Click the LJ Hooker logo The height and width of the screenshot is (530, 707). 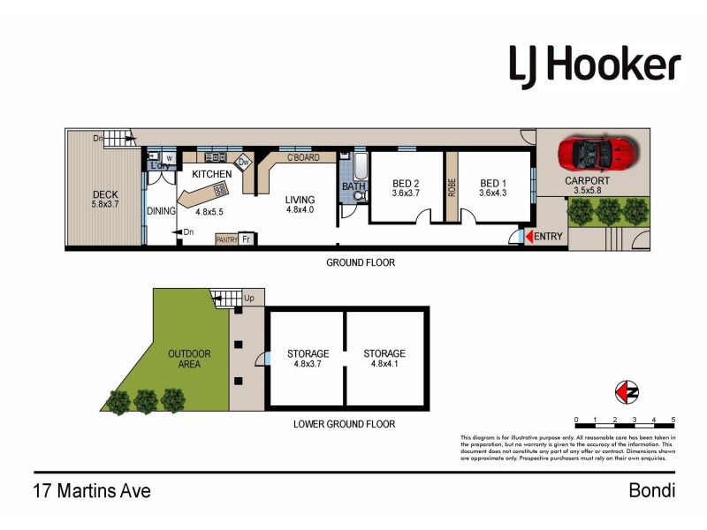(595, 64)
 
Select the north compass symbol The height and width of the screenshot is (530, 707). (626, 391)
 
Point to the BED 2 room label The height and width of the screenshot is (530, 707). (405, 184)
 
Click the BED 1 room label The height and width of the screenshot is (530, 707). (491, 184)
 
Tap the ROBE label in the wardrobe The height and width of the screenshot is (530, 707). (452, 187)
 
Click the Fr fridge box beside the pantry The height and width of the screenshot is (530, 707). (247, 238)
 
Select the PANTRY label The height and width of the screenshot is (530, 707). (226, 238)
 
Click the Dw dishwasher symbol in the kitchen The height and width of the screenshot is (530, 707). (243, 163)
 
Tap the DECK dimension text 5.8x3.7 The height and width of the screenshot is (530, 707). (105, 204)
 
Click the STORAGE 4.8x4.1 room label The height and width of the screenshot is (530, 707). (384, 359)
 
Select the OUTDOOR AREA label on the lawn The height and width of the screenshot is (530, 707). (190, 359)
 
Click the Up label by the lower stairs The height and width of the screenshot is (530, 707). (248, 299)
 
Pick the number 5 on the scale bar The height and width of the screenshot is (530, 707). (673, 420)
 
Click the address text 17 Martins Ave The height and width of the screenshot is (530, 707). (92, 491)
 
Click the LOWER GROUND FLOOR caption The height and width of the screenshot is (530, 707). (345, 424)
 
